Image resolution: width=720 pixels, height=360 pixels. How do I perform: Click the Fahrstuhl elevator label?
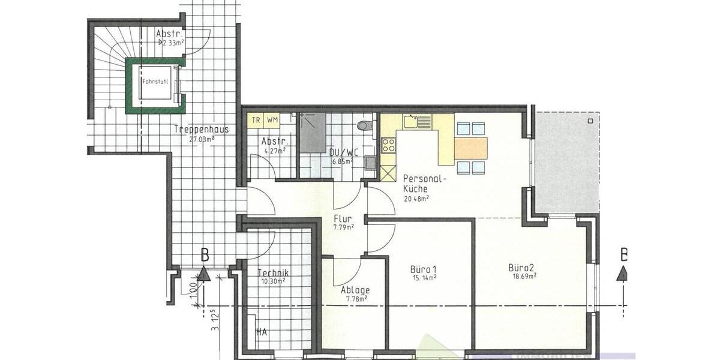point(155,82)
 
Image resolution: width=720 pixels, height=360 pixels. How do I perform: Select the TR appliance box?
point(256,119)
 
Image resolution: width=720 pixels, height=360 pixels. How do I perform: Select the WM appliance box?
point(272,119)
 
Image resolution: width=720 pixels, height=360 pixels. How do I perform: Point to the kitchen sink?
point(411,122)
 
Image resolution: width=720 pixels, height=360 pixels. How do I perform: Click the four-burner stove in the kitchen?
point(389,144)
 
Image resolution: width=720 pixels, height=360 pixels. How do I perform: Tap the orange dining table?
point(471,148)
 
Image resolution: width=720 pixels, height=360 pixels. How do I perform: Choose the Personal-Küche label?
point(425,184)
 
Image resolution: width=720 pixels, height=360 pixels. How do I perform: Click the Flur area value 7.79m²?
point(343,227)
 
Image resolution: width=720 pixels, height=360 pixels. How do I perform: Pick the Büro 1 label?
point(424,268)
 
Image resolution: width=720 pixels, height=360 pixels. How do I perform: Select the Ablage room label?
point(355,290)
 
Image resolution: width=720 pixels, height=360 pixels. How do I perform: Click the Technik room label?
point(274,272)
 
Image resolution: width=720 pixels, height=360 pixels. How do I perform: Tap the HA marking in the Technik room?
point(262,331)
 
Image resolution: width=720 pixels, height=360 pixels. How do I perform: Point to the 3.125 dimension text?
point(214,320)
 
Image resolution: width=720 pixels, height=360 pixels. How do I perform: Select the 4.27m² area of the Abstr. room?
point(273,151)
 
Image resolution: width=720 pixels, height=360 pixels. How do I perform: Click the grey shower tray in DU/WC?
point(313,133)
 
